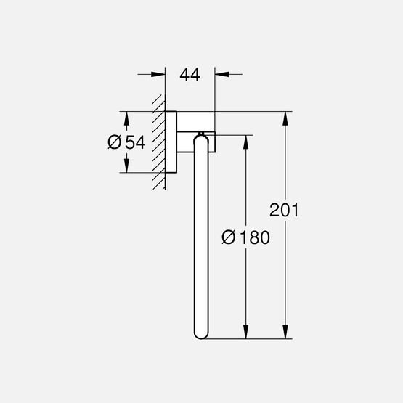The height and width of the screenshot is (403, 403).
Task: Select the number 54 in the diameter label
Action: click(135, 143)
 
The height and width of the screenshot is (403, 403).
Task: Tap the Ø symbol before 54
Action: click(115, 143)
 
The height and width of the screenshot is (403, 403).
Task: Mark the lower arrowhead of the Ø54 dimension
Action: click(127, 166)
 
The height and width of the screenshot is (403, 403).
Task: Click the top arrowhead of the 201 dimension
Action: click(288, 118)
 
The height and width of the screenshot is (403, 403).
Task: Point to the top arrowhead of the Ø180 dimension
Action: click(248, 141)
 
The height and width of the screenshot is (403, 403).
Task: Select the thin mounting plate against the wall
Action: click(171, 142)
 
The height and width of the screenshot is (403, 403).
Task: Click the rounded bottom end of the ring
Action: click(202, 333)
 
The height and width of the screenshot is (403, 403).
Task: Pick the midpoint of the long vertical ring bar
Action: click(202, 237)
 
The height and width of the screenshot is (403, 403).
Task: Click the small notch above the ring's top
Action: click(202, 133)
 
